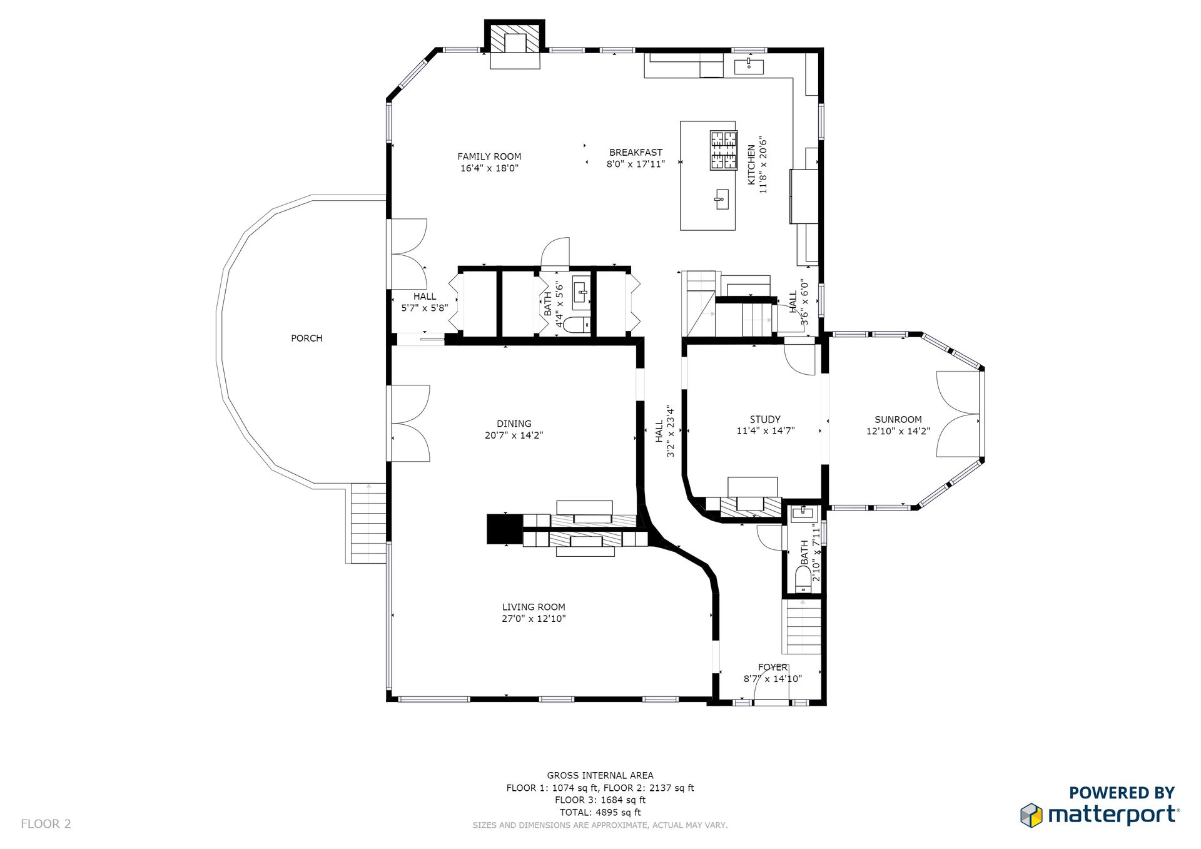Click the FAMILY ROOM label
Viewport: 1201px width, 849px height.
(489, 156)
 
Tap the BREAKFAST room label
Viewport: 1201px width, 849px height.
(636, 152)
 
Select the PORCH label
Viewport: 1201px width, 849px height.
(307, 338)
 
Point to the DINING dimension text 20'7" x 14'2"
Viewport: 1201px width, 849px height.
(514, 435)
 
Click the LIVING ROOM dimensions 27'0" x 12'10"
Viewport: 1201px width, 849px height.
(534, 619)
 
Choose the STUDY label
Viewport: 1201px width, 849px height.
(765, 419)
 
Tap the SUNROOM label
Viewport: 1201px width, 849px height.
(898, 419)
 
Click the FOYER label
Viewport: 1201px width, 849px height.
(773, 667)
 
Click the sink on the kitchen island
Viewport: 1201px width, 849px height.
(721, 200)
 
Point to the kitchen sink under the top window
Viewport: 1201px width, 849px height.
(749, 66)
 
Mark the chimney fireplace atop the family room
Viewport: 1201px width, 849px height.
(515, 44)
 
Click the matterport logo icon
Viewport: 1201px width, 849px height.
(1031, 815)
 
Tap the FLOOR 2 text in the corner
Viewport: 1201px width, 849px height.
(46, 823)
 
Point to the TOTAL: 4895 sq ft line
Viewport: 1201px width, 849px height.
(600, 812)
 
